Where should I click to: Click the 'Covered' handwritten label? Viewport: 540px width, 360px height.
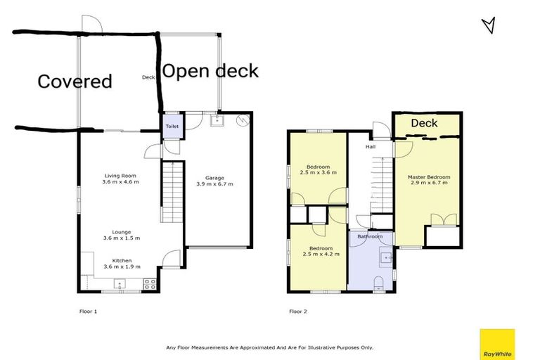click(75, 82)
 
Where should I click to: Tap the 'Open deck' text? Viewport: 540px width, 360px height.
click(210, 71)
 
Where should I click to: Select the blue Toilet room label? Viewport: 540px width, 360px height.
click(172, 127)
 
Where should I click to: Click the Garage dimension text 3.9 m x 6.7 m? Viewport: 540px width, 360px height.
click(214, 184)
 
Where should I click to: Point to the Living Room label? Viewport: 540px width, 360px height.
click(120, 176)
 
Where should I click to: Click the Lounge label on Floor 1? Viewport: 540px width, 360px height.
click(120, 231)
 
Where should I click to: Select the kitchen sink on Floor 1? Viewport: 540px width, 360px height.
click(120, 284)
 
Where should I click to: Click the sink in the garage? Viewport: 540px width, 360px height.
click(216, 120)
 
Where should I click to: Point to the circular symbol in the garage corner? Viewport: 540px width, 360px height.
click(243, 120)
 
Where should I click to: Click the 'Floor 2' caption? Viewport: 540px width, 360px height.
click(298, 311)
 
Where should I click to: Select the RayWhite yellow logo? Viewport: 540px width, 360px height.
click(496, 344)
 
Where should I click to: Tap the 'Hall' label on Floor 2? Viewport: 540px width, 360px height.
click(370, 148)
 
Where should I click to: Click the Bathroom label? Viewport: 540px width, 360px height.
click(370, 236)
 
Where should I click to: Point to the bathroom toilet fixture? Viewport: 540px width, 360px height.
click(379, 283)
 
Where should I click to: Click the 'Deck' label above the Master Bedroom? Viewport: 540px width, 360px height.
click(424, 123)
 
